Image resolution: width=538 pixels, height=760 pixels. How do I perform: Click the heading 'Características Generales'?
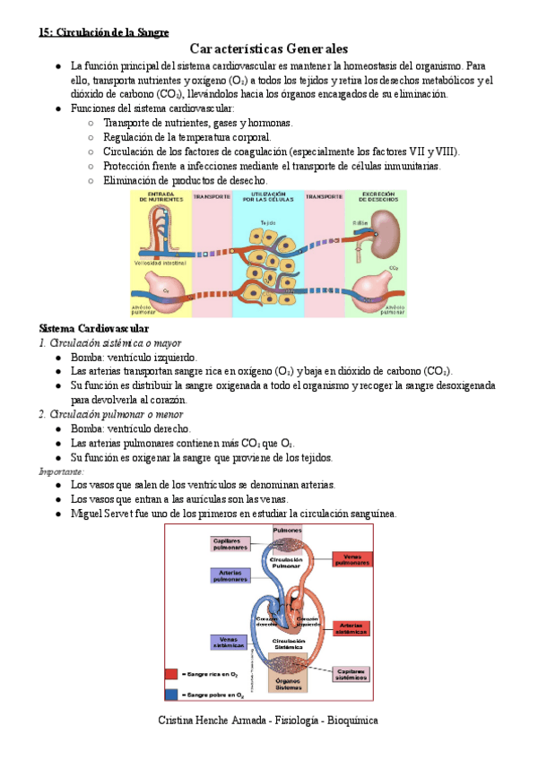point(269,48)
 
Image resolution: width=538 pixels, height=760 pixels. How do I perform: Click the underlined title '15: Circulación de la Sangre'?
point(103,32)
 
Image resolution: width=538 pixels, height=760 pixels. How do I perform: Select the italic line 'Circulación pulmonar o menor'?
point(111,414)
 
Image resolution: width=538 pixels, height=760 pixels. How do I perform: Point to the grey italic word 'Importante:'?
point(62,471)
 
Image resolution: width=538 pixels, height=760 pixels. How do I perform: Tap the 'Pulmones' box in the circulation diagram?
point(287,531)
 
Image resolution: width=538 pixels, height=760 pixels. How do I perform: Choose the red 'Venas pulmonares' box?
point(351,558)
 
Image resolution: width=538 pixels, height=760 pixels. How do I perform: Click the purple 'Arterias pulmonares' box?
point(230,575)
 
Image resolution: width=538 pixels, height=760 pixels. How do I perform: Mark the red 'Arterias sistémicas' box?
point(351,627)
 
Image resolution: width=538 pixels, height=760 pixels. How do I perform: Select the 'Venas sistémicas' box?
point(230,642)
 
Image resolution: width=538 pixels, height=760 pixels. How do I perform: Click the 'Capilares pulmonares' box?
point(230,543)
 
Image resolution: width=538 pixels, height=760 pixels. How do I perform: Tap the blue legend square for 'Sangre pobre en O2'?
point(171,694)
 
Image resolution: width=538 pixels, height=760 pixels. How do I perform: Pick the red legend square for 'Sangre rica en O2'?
point(171,674)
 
